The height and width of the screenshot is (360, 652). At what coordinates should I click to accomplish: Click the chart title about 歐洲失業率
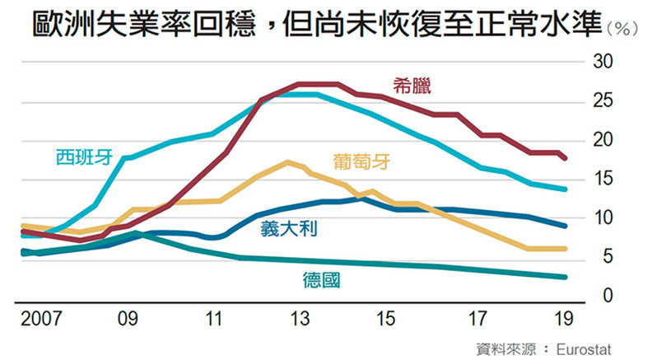point(318,25)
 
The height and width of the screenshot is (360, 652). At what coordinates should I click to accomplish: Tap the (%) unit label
point(622,30)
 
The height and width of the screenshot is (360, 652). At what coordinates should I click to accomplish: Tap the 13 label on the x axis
point(300,318)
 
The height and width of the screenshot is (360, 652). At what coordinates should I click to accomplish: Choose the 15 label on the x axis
point(385,318)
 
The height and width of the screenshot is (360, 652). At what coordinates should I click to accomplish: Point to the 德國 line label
point(322,280)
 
